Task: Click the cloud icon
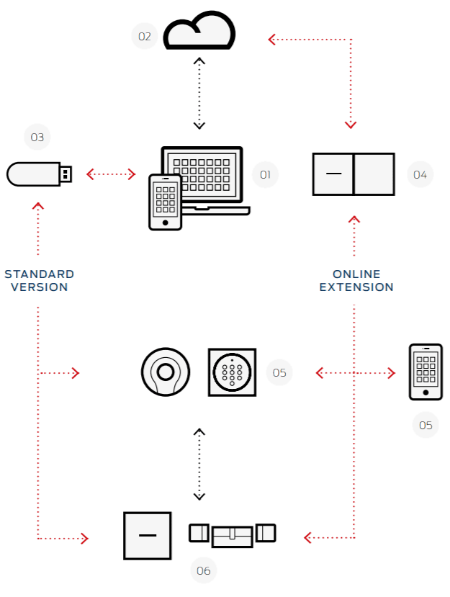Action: (199, 33)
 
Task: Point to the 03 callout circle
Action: (37, 137)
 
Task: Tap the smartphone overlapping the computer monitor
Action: (165, 202)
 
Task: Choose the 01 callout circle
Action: (265, 174)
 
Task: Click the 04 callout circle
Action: (420, 174)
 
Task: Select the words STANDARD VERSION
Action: (39, 280)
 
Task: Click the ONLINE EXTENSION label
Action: (356, 280)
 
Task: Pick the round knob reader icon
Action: (166, 372)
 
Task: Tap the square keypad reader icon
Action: (232, 372)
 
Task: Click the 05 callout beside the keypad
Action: (279, 372)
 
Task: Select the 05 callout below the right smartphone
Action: (426, 425)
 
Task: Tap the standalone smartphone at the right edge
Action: (426, 372)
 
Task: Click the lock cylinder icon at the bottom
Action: (232, 534)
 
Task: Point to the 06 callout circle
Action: (204, 570)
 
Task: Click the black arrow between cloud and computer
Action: (199, 94)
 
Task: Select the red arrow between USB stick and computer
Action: (112, 174)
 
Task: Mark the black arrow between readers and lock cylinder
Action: (199, 464)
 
